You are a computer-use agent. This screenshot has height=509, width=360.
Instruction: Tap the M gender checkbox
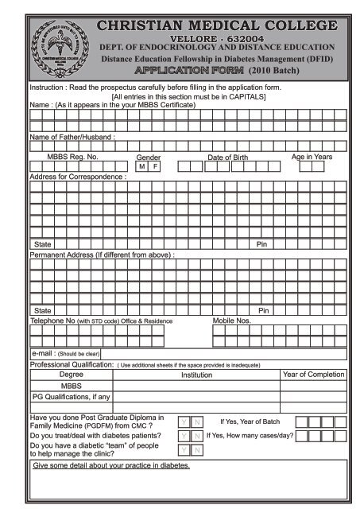141,167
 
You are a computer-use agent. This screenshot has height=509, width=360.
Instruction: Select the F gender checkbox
156,167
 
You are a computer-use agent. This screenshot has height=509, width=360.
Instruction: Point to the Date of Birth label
227,157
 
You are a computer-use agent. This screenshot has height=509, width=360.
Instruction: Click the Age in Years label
312,157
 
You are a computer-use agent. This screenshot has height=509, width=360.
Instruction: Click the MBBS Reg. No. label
72,157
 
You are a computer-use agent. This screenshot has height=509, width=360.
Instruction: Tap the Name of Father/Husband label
72,137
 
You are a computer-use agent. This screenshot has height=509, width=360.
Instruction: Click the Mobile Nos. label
232,321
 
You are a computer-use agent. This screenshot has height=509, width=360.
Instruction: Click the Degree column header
71,374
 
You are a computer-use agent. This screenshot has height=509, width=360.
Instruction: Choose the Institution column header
196,375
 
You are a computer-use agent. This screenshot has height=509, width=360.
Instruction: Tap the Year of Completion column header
314,374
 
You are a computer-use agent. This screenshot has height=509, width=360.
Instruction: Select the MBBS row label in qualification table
71,385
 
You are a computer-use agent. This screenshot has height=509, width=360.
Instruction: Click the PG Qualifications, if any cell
71,396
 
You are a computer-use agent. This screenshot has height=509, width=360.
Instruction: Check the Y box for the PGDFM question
184,422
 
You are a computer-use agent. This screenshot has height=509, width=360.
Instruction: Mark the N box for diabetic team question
198,451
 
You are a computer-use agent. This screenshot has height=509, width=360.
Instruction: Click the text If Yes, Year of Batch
250,421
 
